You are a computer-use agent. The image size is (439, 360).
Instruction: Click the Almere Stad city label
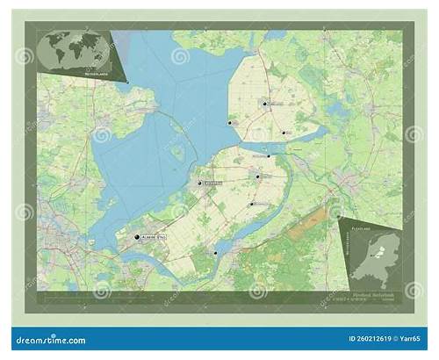pos(152,237)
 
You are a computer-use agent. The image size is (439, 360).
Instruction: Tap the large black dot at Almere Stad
pos(136,237)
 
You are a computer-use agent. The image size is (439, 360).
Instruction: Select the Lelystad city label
pos(213,184)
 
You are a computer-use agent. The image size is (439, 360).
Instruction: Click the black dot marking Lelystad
pos(201,184)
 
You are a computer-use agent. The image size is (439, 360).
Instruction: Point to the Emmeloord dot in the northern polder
pos(263,104)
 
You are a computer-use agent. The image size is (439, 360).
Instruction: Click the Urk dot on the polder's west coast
pos(230,124)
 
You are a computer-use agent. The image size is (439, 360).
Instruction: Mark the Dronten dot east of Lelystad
pos(257,176)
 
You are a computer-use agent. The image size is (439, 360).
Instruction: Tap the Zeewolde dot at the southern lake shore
pos(214,253)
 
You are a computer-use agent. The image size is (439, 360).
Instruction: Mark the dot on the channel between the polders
pos(268,155)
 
